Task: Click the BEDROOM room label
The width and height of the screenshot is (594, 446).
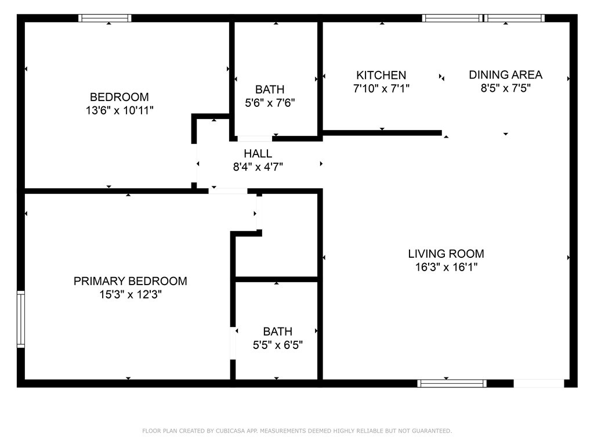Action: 119,97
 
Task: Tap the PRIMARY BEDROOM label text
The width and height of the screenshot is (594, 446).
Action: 130,281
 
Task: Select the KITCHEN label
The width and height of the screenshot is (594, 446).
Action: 381,75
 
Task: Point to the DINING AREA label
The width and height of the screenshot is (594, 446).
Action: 505,74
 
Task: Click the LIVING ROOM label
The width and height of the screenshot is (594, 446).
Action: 445,254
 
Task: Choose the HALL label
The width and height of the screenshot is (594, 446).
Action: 258,154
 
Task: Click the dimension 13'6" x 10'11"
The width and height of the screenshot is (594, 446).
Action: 119,110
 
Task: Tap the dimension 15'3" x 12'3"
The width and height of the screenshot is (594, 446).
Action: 130,294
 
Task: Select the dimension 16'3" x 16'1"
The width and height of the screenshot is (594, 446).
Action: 445,267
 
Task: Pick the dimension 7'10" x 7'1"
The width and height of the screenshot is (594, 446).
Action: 381,88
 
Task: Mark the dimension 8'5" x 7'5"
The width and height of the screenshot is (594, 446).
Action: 505,88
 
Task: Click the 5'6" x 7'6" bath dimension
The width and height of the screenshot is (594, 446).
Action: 270,103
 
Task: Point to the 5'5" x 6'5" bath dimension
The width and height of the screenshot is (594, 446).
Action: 277,345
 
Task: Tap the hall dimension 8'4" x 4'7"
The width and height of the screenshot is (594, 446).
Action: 258,167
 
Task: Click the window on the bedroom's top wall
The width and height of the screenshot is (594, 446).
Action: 105,19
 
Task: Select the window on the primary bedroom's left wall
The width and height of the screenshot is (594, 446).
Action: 21,319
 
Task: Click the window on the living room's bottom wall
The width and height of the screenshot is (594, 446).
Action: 452,383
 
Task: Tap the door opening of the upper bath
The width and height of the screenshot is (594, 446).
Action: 255,139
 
